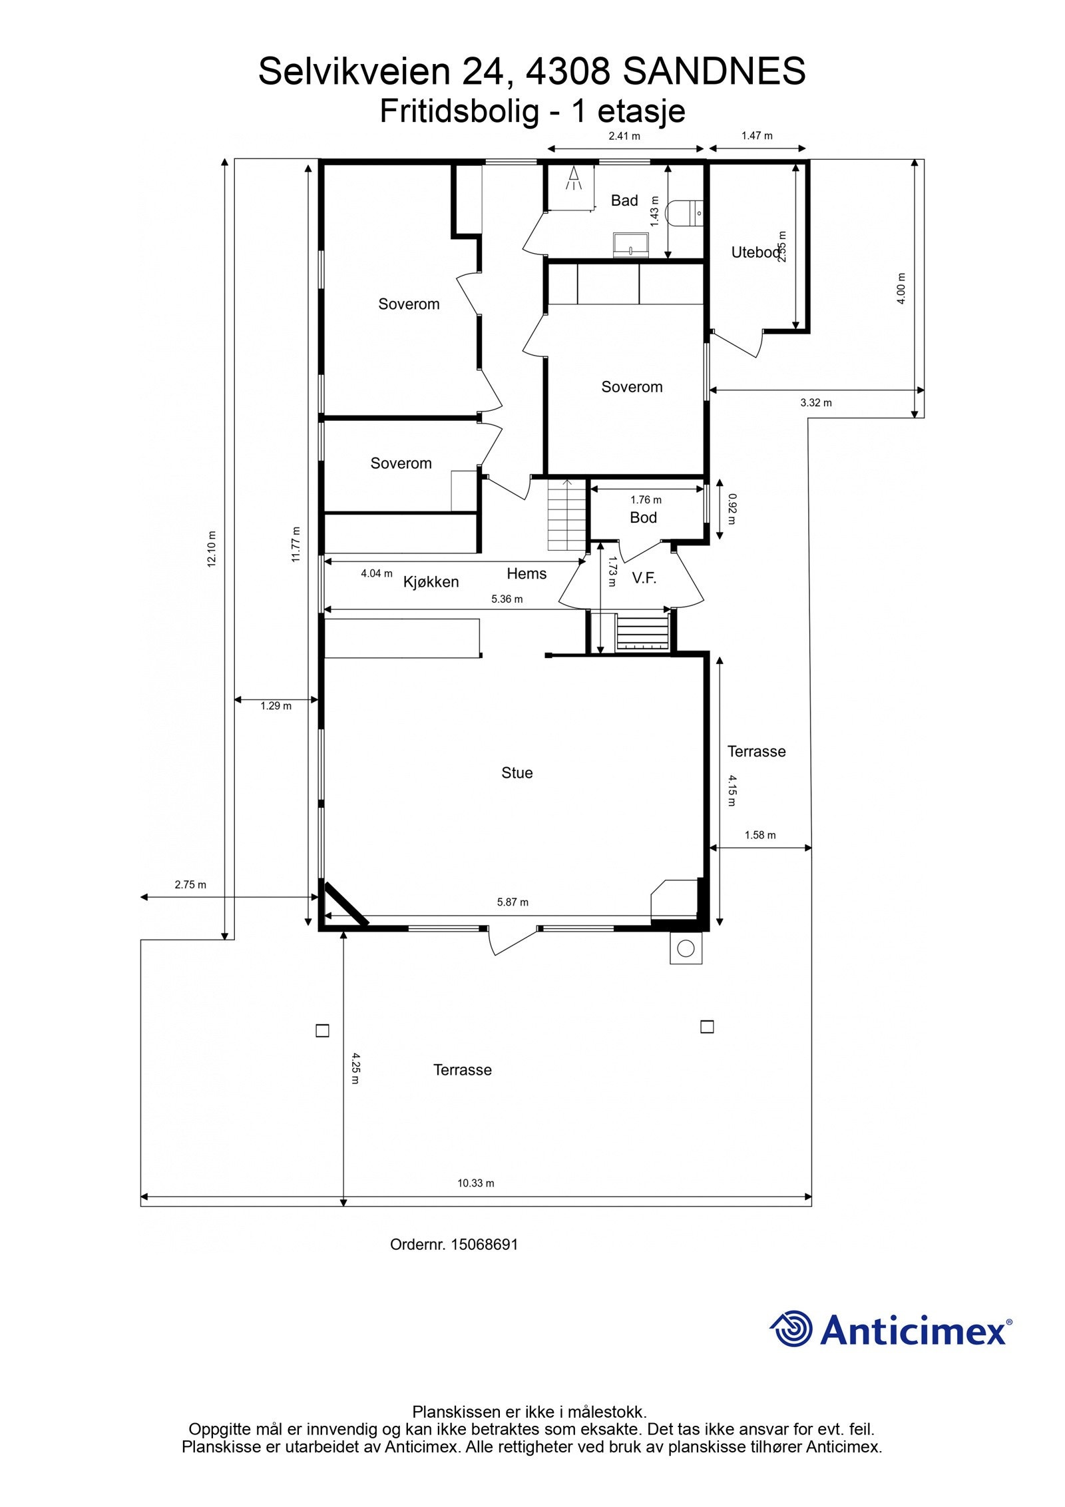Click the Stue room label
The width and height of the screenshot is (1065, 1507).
[x=517, y=772]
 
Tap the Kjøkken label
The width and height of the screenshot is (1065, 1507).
[x=431, y=582]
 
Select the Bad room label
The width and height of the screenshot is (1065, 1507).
[x=624, y=200]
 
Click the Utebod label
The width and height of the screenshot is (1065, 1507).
[x=754, y=252]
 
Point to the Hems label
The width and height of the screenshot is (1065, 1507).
[x=526, y=573]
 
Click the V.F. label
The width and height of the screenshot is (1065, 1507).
[x=644, y=578]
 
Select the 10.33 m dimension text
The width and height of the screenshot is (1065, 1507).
[x=475, y=1183]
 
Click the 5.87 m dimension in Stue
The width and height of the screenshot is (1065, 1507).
[x=512, y=902]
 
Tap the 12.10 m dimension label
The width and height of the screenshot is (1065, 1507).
[x=212, y=549]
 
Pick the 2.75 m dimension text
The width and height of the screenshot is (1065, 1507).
[x=190, y=885]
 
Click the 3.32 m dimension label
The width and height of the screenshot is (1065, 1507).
[x=815, y=403]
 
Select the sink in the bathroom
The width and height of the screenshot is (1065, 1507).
[x=631, y=244]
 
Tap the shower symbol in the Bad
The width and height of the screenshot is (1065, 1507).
[x=573, y=178]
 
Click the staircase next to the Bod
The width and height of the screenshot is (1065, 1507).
[x=566, y=516]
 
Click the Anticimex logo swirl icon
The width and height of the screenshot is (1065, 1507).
[x=791, y=1328]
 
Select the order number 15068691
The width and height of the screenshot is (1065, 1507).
[x=484, y=1245]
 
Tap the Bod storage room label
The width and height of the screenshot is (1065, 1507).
[x=643, y=517]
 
